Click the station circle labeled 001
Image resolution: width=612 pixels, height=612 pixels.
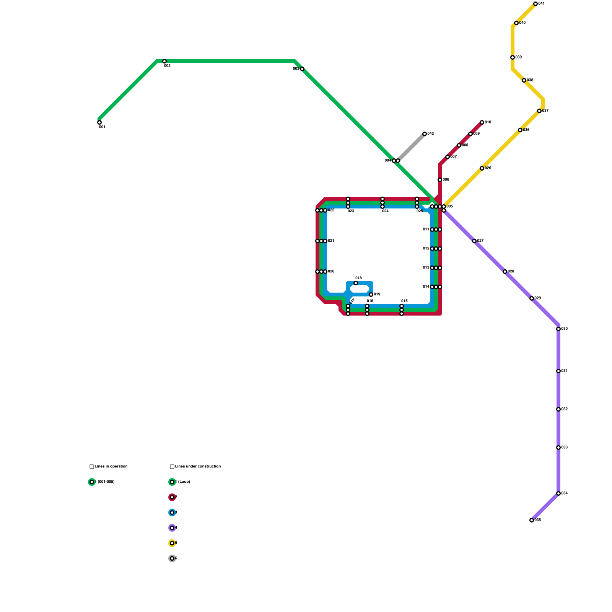[x=99, y=122]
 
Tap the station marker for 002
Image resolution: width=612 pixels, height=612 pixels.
[x=164, y=61]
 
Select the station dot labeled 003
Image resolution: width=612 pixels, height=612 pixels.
[x=302, y=69]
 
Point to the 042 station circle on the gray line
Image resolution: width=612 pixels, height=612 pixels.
[x=425, y=134]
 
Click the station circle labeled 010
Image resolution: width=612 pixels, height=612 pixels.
[x=482, y=122]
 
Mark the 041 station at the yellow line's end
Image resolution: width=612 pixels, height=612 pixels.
[x=535, y=4]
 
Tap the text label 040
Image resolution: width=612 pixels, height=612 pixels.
[x=522, y=23]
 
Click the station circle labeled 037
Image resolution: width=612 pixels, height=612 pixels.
[x=539, y=111]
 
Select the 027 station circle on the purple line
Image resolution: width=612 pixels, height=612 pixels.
[x=474, y=241]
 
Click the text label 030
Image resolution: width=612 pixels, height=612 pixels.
[x=565, y=329]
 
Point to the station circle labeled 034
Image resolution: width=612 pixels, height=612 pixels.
[x=558, y=493]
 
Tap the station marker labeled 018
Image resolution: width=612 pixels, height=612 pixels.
[x=356, y=283]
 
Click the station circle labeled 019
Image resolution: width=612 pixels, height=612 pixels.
[x=371, y=295]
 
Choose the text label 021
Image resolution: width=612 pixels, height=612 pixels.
[x=331, y=241]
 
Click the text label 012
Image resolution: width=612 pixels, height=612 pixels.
[x=426, y=249]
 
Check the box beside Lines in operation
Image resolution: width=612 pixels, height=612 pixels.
[x=92, y=467]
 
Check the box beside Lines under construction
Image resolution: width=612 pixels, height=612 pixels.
[x=172, y=467]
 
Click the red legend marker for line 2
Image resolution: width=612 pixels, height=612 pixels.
[x=172, y=497]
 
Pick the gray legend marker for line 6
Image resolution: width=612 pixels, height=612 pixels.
[x=172, y=558]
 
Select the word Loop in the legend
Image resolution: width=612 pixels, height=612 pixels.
[x=184, y=482]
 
